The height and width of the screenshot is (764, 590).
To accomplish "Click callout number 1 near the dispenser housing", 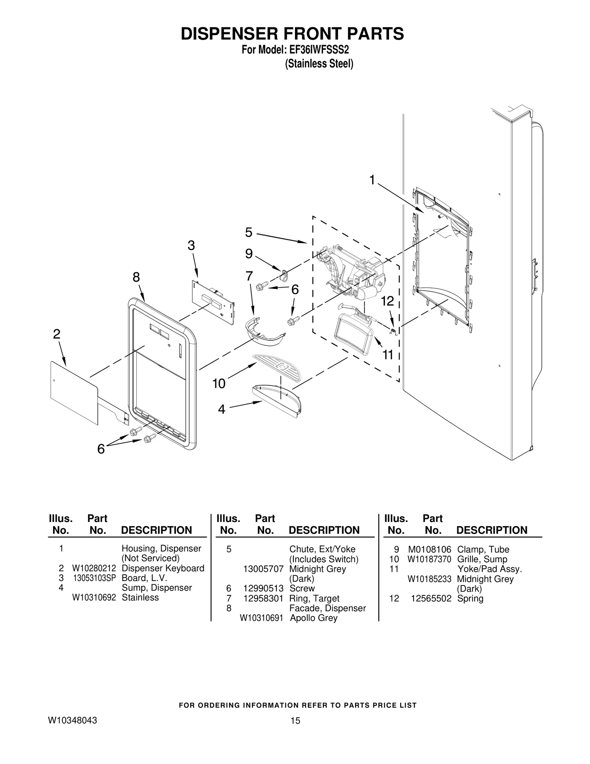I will pyautogui.click(x=372, y=180).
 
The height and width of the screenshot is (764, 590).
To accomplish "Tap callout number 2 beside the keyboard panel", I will pyautogui.click(x=56, y=334).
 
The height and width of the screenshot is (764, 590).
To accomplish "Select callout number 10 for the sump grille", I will pyautogui.click(x=219, y=384).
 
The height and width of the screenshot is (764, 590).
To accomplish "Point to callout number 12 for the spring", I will pyautogui.click(x=387, y=301).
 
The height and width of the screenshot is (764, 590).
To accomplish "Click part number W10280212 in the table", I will pyautogui.click(x=94, y=568).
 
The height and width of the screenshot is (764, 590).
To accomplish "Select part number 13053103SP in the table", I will pyautogui.click(x=94, y=578).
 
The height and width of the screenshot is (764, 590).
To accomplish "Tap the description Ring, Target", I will pyautogui.click(x=314, y=598).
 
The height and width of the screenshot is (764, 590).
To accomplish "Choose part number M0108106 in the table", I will pyautogui.click(x=430, y=549).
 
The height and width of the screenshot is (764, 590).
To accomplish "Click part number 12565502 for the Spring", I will pyautogui.click(x=431, y=598).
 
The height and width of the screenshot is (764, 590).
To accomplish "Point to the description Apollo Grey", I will pyautogui.click(x=313, y=618).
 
